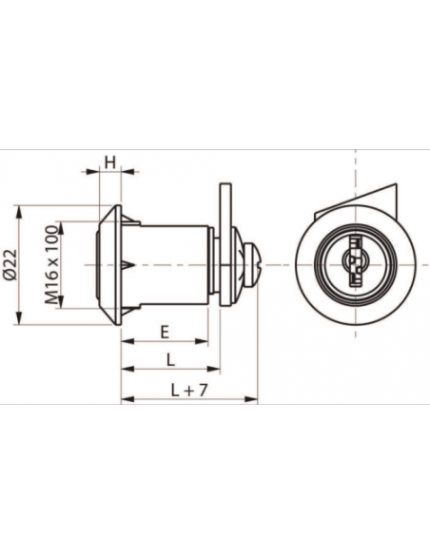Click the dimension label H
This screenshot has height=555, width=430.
(110, 163)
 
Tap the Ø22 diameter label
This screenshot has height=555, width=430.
(10, 264)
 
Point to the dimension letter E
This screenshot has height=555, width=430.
(165, 333)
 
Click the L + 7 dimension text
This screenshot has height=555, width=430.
(188, 390)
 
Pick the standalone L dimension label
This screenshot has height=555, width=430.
(170, 360)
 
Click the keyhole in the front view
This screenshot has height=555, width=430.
(355, 264)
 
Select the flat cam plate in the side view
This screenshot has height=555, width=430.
(225, 244)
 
